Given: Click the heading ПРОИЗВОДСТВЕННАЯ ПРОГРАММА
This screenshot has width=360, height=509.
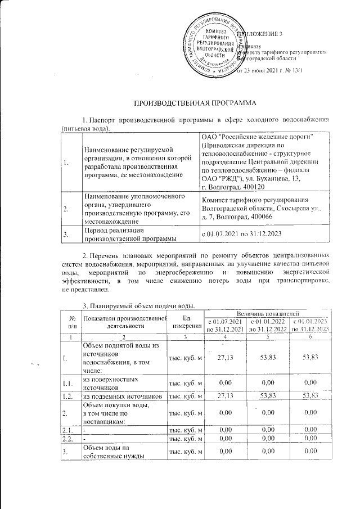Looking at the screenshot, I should click(194, 103).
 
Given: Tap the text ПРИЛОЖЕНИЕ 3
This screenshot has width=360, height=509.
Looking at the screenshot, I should click(261, 34).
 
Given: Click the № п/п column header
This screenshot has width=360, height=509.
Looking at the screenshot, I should click(71, 321).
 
